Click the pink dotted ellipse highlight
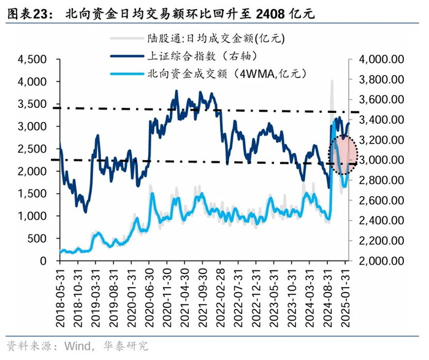[343, 155]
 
